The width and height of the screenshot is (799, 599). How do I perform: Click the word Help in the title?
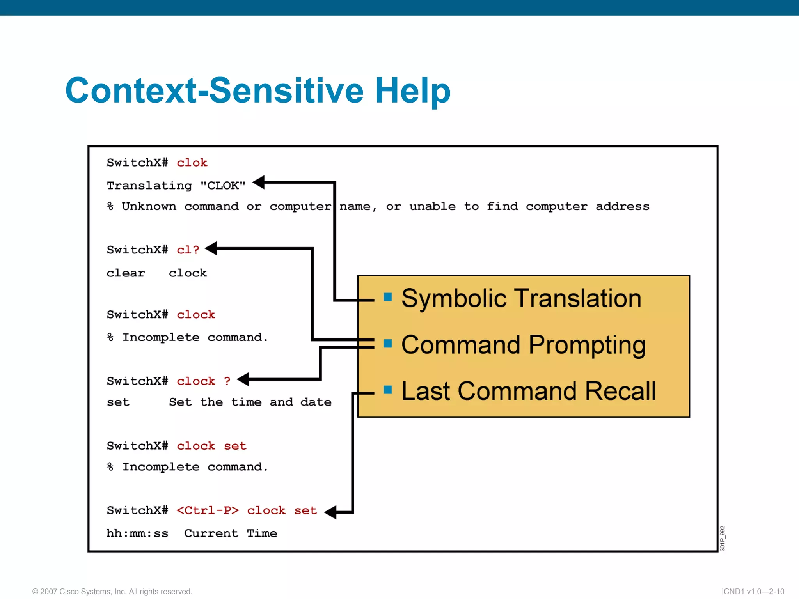(x=412, y=90)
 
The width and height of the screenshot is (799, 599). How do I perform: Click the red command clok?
(x=192, y=163)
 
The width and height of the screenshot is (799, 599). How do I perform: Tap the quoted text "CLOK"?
(x=223, y=185)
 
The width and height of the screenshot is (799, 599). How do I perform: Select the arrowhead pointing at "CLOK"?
(x=259, y=182)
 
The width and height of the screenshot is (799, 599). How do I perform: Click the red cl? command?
(x=188, y=250)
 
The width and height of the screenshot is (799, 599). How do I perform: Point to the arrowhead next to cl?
(x=211, y=248)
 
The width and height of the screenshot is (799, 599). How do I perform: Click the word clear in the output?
(x=126, y=273)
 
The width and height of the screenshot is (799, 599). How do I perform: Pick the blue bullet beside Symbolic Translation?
(x=387, y=297)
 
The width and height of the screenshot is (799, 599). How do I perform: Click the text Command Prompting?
(x=523, y=345)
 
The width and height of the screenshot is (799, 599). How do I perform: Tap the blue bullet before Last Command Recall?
(x=387, y=390)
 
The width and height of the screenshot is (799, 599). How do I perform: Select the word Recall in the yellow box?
(x=620, y=391)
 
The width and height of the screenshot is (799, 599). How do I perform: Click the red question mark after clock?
(x=227, y=381)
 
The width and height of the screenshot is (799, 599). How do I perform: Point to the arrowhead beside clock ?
(x=243, y=379)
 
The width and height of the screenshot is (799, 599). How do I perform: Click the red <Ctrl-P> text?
(x=208, y=510)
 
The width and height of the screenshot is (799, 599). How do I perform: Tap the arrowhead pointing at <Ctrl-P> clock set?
(x=330, y=512)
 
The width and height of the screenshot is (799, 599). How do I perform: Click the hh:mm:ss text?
(x=137, y=533)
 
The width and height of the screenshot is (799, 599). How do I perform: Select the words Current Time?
(x=231, y=533)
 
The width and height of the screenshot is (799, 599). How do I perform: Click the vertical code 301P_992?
(x=722, y=538)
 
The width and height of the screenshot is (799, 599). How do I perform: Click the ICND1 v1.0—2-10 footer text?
(x=753, y=592)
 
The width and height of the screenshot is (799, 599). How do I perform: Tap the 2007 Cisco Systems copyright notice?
(x=112, y=592)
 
